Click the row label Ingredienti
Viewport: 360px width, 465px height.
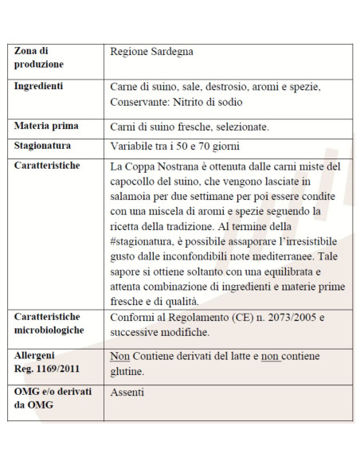(x=40, y=86)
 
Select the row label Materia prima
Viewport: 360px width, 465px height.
(x=45, y=126)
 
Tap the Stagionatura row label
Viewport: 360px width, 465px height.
(x=43, y=146)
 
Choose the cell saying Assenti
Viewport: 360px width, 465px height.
(x=127, y=393)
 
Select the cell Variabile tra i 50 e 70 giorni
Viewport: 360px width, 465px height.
(x=174, y=146)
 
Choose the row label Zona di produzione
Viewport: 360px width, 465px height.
(x=39, y=57)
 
